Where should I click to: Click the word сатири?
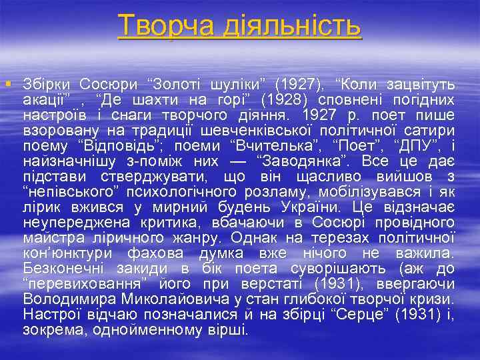click(429, 131)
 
